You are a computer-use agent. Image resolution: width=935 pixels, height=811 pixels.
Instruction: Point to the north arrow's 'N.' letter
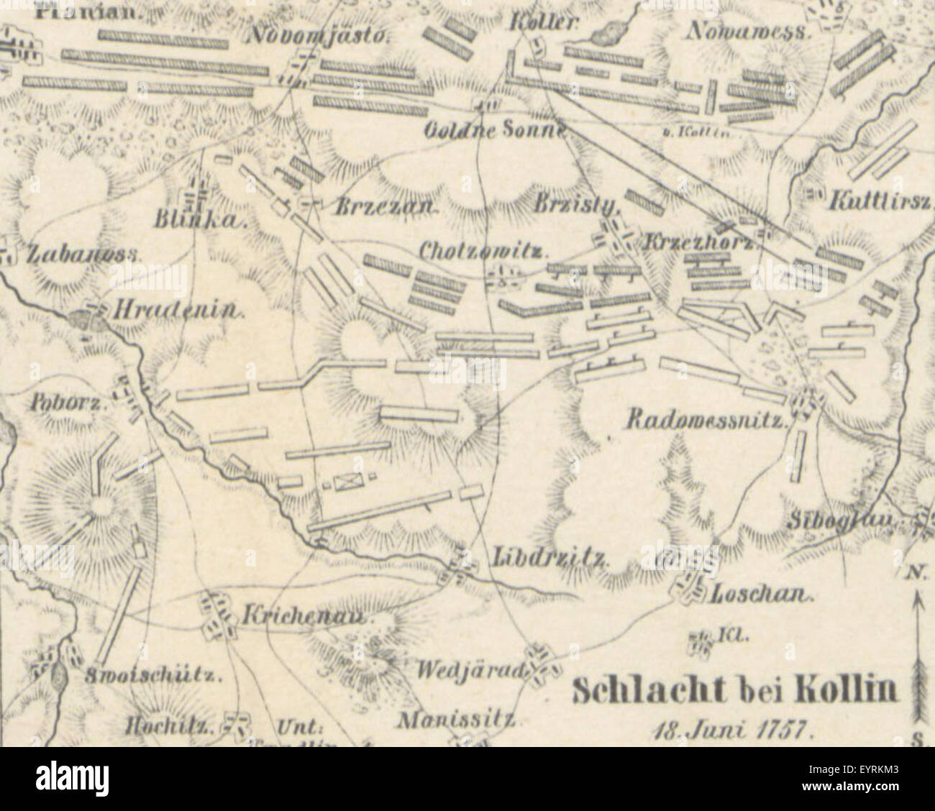tap(915, 573)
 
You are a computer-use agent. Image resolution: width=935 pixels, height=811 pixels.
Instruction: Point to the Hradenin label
tap(176, 311)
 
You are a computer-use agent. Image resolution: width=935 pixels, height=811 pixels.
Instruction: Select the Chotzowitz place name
tap(483, 252)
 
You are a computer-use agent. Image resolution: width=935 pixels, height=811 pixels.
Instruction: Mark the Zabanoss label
tap(84, 254)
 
